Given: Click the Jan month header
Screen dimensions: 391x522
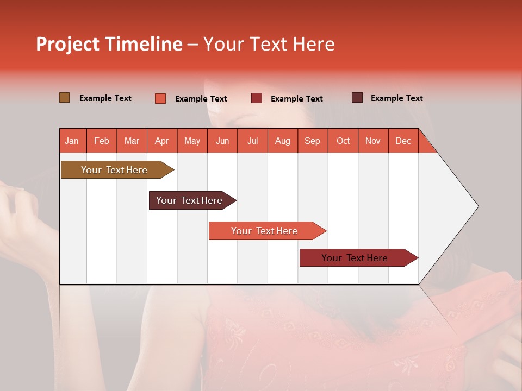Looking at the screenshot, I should click(72, 141).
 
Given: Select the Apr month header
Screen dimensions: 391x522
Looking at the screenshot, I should click(161, 141).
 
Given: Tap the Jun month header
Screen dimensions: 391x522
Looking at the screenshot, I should click(222, 141).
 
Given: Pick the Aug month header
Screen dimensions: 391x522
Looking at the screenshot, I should click(282, 141).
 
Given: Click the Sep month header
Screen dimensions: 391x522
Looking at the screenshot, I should click(312, 141).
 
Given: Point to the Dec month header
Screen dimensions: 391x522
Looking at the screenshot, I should click(403, 141).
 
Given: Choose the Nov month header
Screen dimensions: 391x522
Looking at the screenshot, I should click(372, 141).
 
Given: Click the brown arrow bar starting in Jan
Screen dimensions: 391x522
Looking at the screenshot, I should click(115, 170).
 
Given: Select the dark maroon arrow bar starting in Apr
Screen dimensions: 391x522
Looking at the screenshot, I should click(190, 200).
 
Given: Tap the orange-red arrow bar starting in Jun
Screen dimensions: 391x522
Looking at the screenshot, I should click(265, 231).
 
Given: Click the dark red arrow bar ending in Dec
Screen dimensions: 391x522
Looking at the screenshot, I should click(355, 258).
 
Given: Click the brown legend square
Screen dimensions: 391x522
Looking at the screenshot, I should click(64, 98).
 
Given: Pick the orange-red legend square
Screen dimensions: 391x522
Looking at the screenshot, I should click(160, 98).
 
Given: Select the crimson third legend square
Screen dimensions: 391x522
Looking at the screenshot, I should click(256, 98).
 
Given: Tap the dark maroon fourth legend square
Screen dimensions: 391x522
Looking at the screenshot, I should click(357, 98).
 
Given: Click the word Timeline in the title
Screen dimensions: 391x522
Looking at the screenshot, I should click(143, 44).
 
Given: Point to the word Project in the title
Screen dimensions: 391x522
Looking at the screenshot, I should click(67, 44).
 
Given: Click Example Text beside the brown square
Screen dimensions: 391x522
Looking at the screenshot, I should click(105, 98).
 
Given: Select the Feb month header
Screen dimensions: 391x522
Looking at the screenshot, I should click(102, 141).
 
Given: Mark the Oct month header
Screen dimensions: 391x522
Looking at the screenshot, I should click(343, 141).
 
